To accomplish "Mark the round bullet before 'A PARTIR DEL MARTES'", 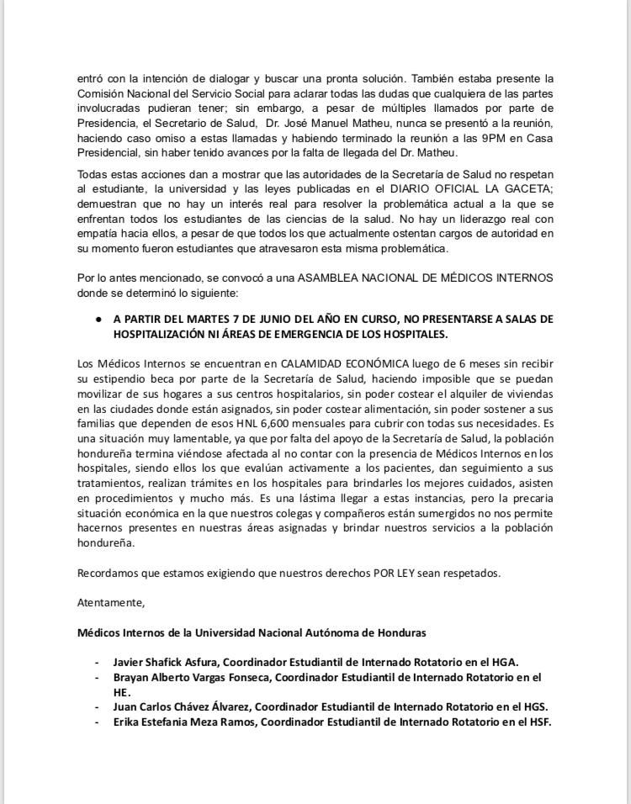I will (98, 320).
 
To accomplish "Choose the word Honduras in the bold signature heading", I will (401, 632).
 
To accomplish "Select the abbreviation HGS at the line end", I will (535, 707).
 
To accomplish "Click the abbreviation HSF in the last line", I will (537, 722).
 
